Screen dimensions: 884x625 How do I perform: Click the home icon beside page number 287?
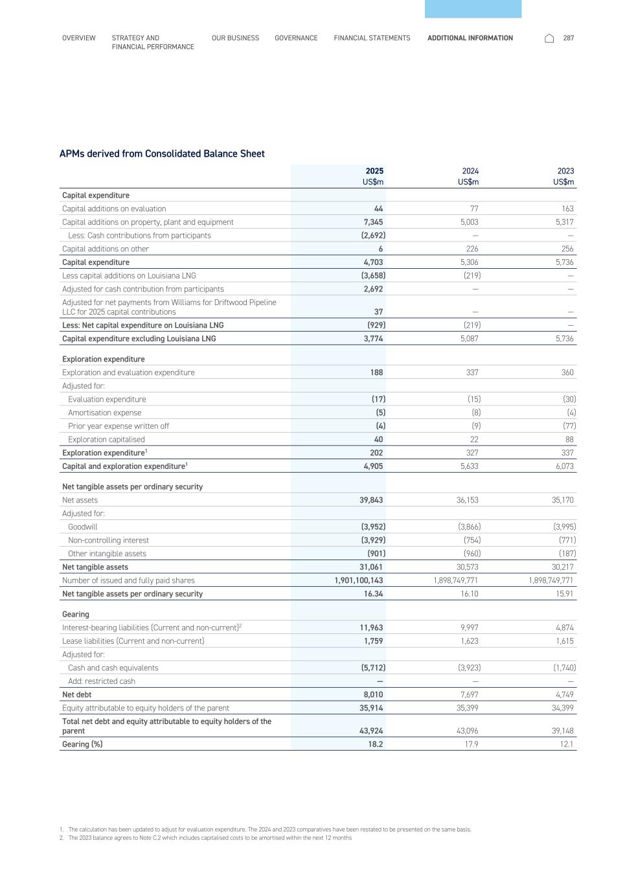click(x=549, y=38)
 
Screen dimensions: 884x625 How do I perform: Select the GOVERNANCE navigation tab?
click(x=296, y=38)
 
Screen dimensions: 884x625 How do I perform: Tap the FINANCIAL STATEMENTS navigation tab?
click(x=372, y=38)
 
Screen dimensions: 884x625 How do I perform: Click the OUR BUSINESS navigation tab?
click(x=235, y=38)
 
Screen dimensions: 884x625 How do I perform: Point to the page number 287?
click(x=569, y=38)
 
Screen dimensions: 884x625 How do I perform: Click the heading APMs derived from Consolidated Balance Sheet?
click(x=162, y=154)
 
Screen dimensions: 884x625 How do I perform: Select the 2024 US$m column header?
click(x=470, y=176)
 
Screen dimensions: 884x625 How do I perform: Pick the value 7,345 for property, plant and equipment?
click(x=373, y=222)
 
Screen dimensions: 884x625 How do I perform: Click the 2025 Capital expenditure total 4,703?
click(x=373, y=262)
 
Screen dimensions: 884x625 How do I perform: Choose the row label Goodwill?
click(x=82, y=527)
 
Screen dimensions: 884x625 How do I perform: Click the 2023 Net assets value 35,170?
click(x=561, y=500)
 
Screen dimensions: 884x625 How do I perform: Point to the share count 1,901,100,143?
click(x=358, y=581)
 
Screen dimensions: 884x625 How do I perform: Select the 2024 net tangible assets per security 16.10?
click(x=469, y=594)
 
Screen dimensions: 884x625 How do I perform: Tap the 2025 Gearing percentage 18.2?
click(x=376, y=744)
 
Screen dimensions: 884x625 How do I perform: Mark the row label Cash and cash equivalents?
click(x=113, y=668)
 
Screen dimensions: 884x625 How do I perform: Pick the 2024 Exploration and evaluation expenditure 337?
click(x=471, y=372)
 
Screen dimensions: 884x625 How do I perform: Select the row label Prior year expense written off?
click(x=119, y=426)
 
